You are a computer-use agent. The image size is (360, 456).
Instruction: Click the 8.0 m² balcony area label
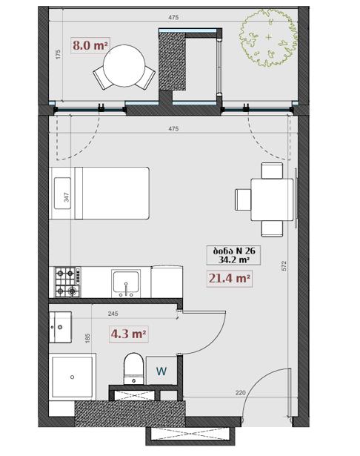[90, 46]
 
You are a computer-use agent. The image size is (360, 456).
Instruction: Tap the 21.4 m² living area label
[229, 279]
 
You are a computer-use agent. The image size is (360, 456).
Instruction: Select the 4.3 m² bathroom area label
[128, 334]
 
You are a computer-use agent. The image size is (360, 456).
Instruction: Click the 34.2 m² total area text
[233, 260]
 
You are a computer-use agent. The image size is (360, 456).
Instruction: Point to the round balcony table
[124, 66]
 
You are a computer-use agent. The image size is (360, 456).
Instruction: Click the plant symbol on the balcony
[268, 38]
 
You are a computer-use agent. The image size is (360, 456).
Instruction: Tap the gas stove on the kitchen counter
[67, 282]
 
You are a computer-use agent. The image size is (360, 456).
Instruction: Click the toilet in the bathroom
[133, 369]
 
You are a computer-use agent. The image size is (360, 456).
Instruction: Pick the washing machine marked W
[161, 371]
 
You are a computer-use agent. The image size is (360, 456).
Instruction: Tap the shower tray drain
[72, 377]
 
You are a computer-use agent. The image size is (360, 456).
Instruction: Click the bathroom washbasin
[60, 327]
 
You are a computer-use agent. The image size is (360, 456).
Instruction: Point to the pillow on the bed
[62, 193]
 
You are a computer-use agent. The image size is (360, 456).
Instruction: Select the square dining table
[272, 199]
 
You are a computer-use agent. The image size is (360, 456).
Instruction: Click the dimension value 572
[284, 265]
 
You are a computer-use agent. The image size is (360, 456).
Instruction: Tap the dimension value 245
[113, 314]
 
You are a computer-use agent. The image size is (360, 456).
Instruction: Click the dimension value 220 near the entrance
[241, 392]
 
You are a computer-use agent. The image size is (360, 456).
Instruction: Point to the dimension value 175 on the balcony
[58, 54]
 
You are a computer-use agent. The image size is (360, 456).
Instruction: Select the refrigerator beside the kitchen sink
[167, 282]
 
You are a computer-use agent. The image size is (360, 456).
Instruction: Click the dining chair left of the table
[243, 199]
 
